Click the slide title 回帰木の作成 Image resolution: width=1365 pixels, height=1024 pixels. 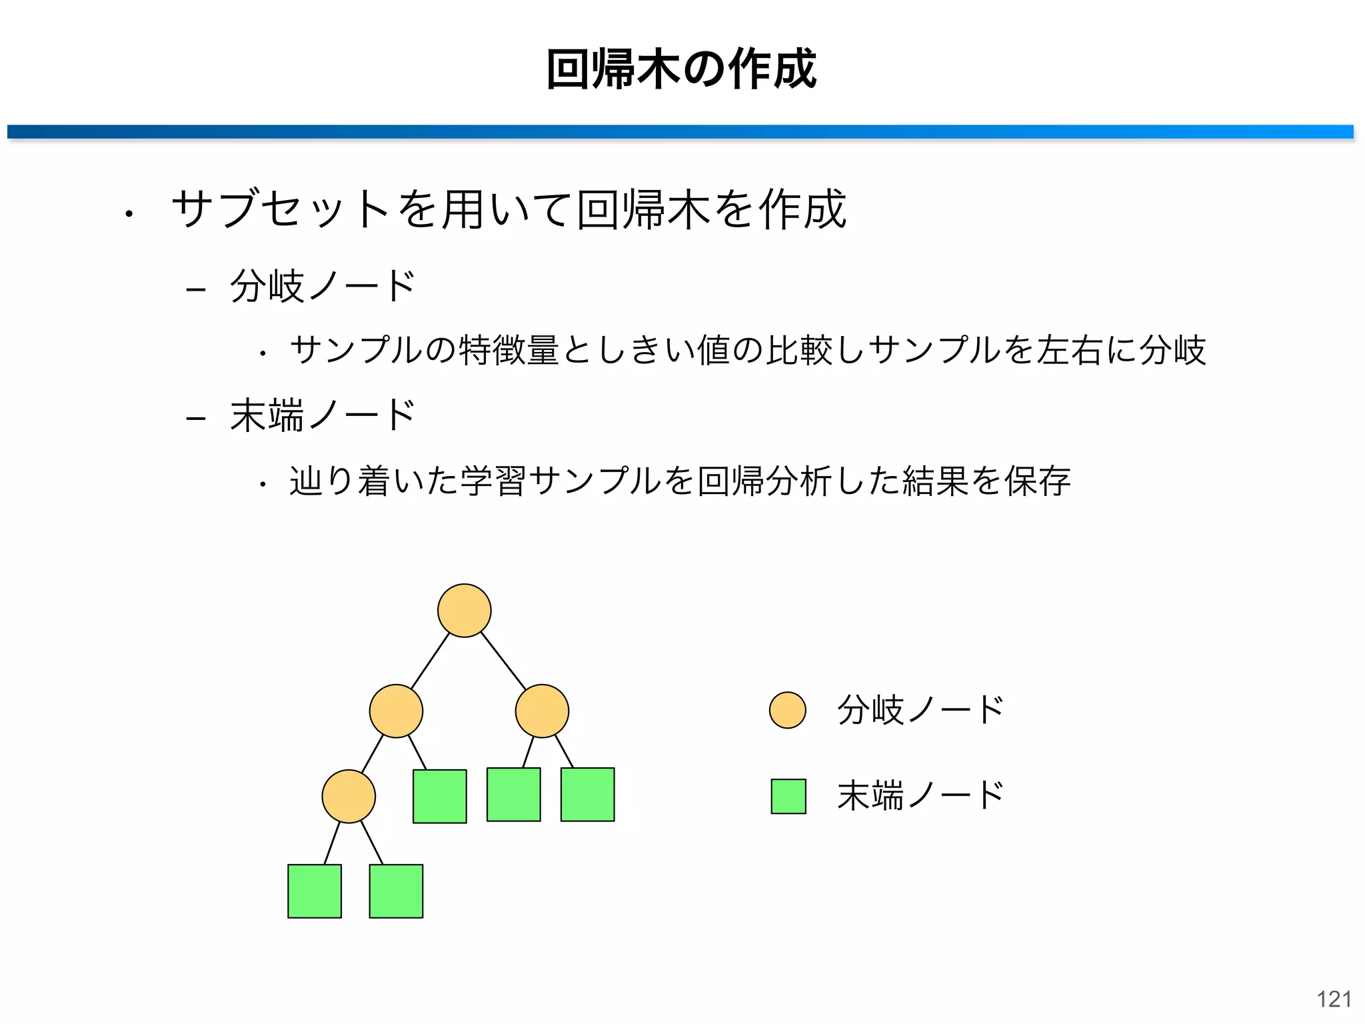[681, 69]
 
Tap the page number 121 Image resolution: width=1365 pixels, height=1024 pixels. [1334, 999]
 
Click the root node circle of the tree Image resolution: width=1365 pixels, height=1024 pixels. [464, 610]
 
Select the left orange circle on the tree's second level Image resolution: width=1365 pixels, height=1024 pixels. [396, 711]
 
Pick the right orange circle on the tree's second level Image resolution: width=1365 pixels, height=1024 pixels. [542, 711]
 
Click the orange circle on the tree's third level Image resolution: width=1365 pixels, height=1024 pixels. [349, 796]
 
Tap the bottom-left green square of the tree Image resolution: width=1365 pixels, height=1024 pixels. [315, 891]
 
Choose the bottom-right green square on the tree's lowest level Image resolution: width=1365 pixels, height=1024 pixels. [396, 891]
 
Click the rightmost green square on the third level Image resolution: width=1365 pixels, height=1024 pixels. [587, 794]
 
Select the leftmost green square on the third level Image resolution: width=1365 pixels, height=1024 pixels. [439, 796]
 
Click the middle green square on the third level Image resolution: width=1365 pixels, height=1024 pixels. [513, 794]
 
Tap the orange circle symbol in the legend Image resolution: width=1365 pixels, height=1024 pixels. [787, 710]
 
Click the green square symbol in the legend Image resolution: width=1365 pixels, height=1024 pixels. [788, 796]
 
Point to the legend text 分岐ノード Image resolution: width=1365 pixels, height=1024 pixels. [920, 710]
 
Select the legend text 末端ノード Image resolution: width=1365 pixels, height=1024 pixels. [920, 795]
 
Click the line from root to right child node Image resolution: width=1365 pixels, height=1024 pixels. [503, 661]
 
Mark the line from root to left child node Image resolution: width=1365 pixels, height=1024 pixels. [430, 661]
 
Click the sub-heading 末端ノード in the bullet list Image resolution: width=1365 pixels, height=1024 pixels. [323, 415]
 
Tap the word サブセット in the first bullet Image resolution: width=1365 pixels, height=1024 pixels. [280, 209]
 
